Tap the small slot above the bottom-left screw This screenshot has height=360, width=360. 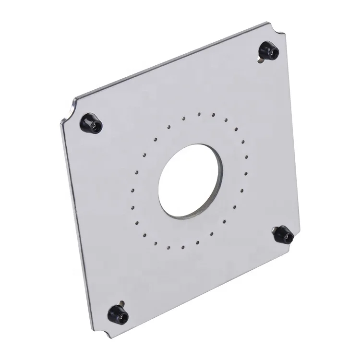(x=123, y=303)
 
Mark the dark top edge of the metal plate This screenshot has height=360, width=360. (x=168, y=60)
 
